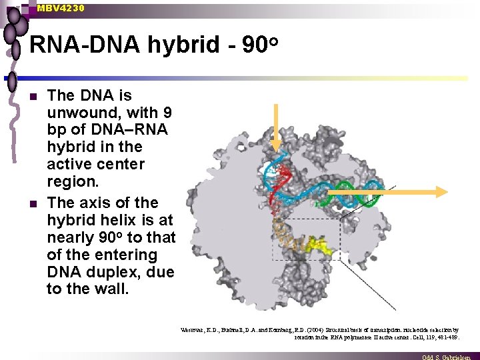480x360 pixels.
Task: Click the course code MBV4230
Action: [x=61, y=8]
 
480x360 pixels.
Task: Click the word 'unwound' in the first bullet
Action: [x=79, y=113]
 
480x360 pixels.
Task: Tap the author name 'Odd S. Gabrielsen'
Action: [x=449, y=357]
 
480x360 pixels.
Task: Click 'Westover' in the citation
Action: [x=195, y=330]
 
